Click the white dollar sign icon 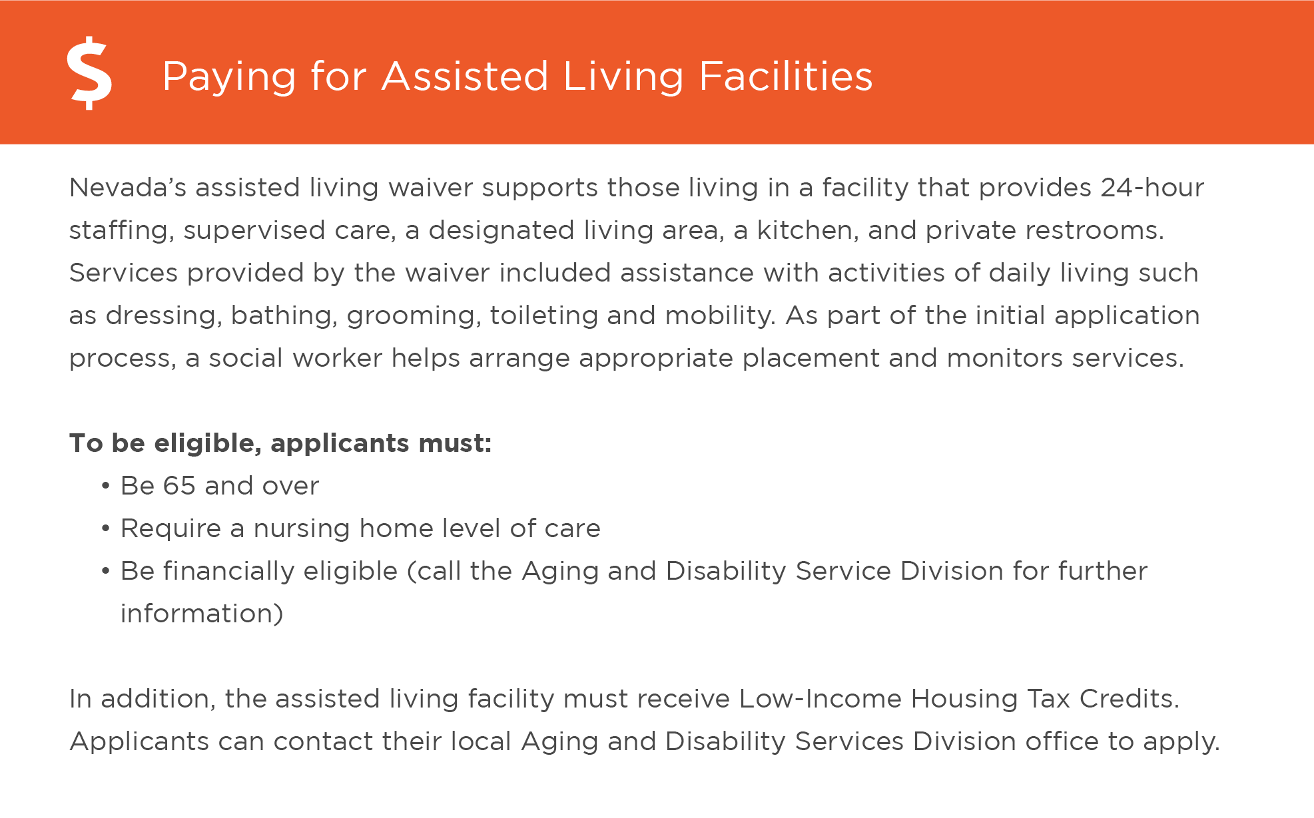[89, 73]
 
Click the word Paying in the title [228, 77]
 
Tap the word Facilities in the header [785, 76]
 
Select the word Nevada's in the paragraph [127, 188]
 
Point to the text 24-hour [1151, 188]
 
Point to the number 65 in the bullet [179, 486]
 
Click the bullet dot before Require [105, 528]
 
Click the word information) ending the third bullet [202, 614]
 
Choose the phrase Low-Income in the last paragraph [820, 699]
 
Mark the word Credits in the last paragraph [1129, 699]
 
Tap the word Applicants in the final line [139, 742]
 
